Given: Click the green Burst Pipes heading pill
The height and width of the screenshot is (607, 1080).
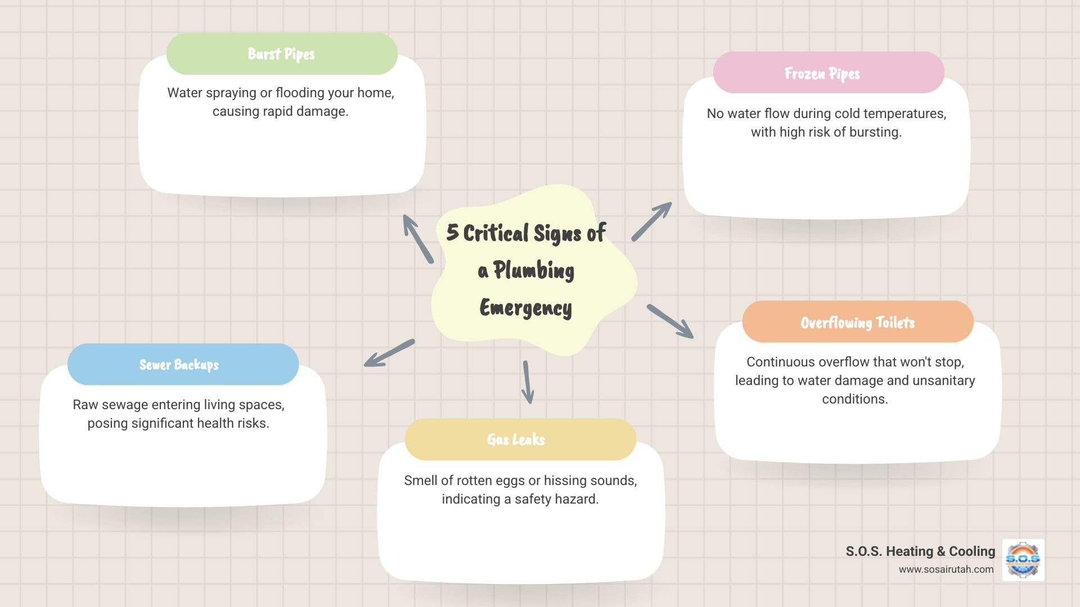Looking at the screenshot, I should (x=282, y=54).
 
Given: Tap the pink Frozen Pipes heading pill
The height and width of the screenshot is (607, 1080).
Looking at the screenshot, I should (x=828, y=73).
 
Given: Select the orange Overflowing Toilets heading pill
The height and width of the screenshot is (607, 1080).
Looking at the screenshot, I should (x=857, y=322).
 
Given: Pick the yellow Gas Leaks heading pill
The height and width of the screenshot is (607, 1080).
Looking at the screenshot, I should (x=520, y=440).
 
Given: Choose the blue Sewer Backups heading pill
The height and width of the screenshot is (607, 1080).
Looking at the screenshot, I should (x=183, y=365).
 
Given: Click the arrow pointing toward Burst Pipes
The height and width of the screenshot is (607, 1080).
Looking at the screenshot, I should (x=417, y=238).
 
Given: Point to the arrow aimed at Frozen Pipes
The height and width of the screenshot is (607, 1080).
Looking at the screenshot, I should (x=652, y=221).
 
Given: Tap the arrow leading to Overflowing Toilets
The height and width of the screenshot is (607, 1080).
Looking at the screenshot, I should (x=670, y=321).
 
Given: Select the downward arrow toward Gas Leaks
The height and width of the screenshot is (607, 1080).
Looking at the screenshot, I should (x=527, y=382).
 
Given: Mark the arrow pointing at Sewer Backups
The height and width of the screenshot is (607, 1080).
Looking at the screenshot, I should (x=389, y=353).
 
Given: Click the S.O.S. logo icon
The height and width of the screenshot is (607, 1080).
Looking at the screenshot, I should (x=1023, y=560).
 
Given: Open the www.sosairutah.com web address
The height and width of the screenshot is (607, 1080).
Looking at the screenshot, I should (x=946, y=569).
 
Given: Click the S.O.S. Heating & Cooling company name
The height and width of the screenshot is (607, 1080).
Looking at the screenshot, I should (x=920, y=551).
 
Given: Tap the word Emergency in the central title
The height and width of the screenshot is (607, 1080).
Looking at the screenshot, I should (x=526, y=308).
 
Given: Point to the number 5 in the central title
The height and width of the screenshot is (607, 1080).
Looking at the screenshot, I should (x=452, y=232).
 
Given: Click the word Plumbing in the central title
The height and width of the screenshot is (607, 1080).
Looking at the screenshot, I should (x=534, y=270).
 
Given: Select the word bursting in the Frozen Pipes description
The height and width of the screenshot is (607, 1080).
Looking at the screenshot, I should (x=875, y=132).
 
